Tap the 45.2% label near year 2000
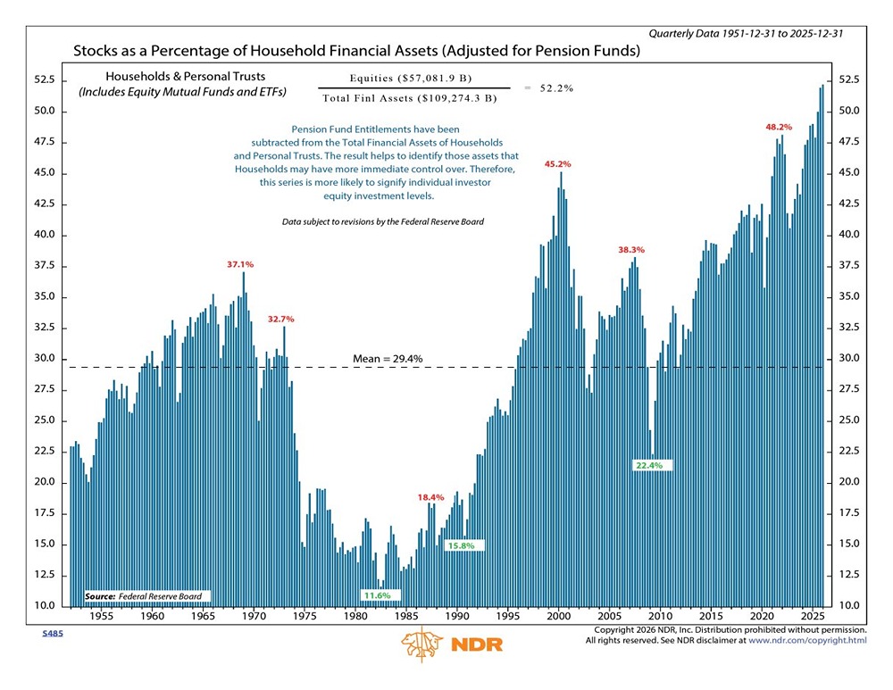[557, 164]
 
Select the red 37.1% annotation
[240, 264]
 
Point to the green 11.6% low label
[376, 594]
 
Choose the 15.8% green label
[461, 545]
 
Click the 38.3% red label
[631, 250]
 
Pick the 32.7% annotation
[280, 319]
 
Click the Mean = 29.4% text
[388, 359]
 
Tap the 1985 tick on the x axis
[406, 617]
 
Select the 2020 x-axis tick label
[762, 617]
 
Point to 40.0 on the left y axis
[44, 236]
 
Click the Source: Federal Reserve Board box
[143, 596]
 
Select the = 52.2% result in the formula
[549, 88]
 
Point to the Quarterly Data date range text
[746, 33]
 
